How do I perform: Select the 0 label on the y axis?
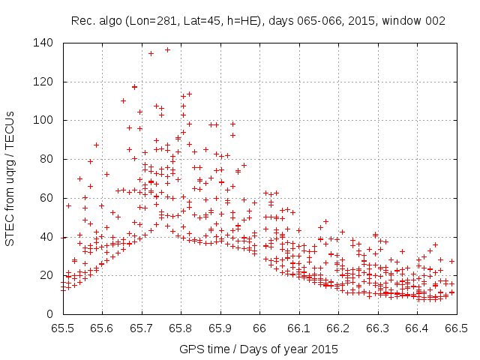coord(51,313)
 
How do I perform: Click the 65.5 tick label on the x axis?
coord(62,328)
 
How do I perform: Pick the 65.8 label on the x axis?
coord(180,328)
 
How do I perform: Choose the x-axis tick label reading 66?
coord(259,328)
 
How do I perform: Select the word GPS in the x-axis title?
coord(190,349)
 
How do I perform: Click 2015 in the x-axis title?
coord(325,349)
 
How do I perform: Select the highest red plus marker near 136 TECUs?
coord(167,49)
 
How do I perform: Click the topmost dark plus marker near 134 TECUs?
coord(151,53)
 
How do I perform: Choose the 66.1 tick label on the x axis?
coord(298,328)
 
